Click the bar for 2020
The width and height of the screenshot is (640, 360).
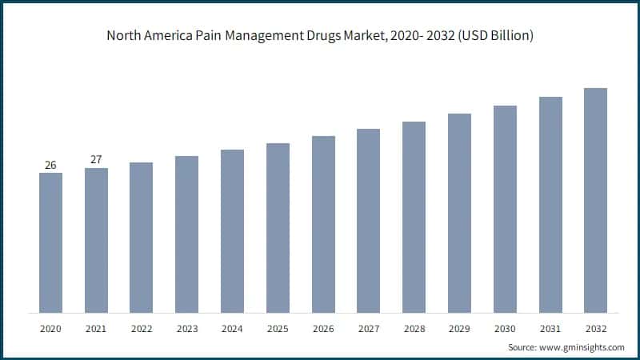(50, 242)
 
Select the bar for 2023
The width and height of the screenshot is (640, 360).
(186, 234)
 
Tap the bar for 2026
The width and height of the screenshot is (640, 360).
(323, 224)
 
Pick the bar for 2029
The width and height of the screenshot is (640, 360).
(459, 213)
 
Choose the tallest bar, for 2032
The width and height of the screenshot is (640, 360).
(595, 200)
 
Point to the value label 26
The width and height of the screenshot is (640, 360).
(50, 165)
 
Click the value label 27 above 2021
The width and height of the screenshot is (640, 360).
(96, 159)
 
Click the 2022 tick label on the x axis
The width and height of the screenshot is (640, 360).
(141, 328)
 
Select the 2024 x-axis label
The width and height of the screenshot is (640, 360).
(232, 328)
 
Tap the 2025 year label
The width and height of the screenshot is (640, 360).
(278, 328)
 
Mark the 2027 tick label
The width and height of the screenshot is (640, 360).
(368, 328)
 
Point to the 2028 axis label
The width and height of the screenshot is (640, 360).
(414, 328)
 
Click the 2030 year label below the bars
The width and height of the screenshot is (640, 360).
(505, 328)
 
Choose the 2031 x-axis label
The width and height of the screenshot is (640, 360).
(550, 328)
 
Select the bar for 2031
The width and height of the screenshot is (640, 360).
(550, 205)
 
